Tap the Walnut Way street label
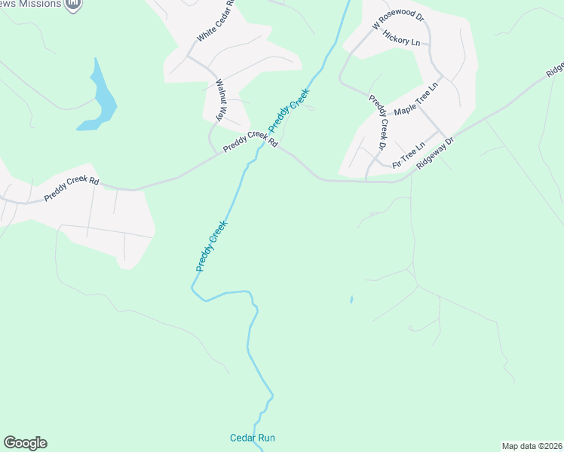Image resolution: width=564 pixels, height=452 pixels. (x=220, y=99)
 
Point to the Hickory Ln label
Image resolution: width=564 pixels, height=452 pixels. (x=401, y=38)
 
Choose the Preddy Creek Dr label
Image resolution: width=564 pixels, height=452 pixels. (x=379, y=122)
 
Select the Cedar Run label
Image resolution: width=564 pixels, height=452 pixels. (x=253, y=438)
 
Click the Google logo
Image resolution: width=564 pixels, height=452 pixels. (x=25, y=443)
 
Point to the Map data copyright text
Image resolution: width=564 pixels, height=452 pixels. (x=532, y=446)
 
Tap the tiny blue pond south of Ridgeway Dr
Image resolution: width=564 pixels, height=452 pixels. (x=351, y=300)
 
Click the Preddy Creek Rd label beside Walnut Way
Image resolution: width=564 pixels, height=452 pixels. (x=250, y=140)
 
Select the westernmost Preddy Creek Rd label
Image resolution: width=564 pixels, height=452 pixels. (x=72, y=188)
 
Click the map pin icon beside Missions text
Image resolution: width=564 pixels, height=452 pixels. (x=72, y=5)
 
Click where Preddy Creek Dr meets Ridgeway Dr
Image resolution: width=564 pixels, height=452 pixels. (x=366, y=180)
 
